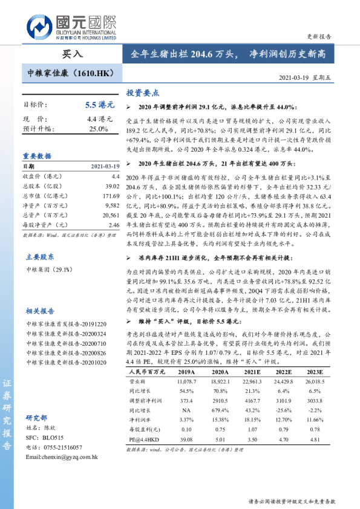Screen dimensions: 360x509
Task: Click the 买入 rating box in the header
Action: [72, 54]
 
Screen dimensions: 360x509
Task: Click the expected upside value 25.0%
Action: [99, 129]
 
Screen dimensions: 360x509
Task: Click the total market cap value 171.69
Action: [111, 196]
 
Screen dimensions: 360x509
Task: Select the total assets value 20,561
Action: [111, 215]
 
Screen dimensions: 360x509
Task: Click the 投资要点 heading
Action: [142, 93]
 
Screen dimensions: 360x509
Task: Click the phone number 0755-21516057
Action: [60, 447]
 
